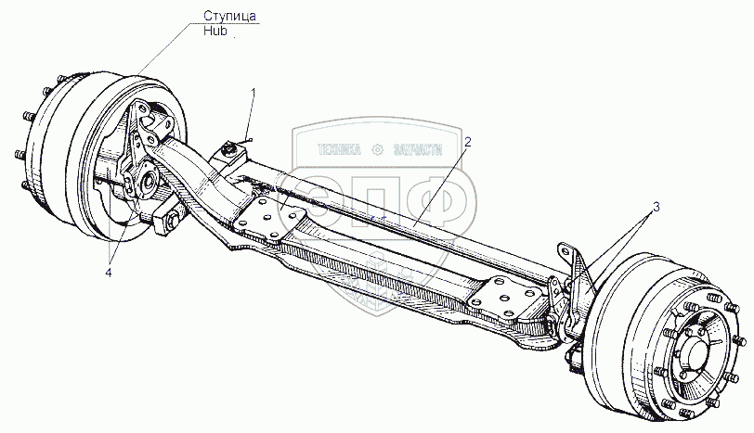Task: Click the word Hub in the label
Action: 215,30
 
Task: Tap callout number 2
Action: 469,142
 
